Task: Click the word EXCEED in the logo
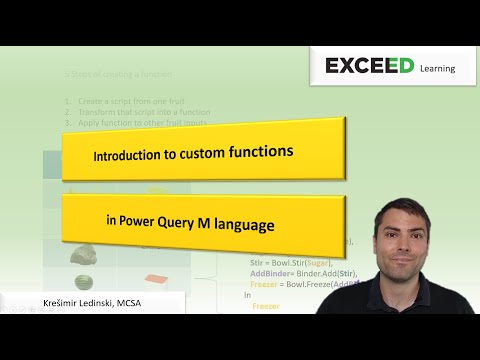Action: point(367,67)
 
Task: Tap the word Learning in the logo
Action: point(432,69)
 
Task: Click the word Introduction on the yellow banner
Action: point(129,157)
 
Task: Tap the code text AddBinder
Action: point(269,273)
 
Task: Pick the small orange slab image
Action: point(154,279)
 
